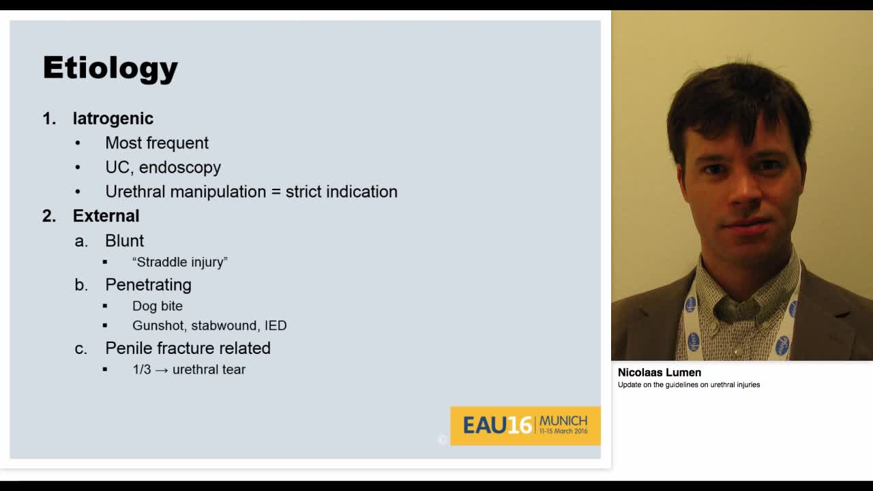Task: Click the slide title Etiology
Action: pos(110,68)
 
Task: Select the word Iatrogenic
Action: pos(113,119)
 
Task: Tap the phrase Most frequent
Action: pos(157,143)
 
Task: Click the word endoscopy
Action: pos(180,168)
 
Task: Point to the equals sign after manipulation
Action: pos(276,192)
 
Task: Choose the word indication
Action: pos(361,192)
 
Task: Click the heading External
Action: pos(106,216)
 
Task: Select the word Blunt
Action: pos(124,241)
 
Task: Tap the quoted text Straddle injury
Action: pos(180,262)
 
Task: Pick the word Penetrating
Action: pos(148,284)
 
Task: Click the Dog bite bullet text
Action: pos(158,306)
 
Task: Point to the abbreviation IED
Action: pos(276,325)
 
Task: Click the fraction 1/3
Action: pos(142,370)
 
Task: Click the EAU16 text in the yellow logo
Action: pos(497,426)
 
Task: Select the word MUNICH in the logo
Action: pos(563,421)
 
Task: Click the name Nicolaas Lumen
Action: pos(660,372)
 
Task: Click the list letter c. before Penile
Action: pos(81,348)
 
